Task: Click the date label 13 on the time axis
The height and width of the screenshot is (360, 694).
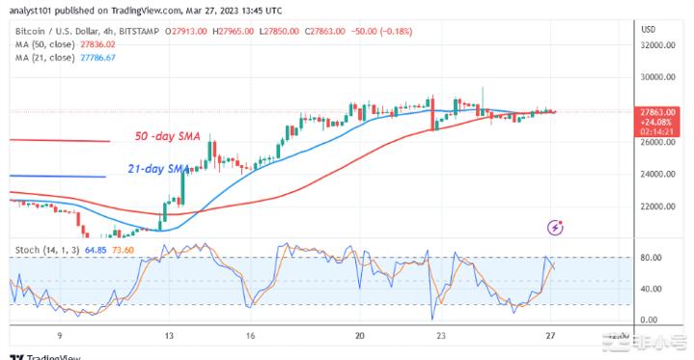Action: (169, 337)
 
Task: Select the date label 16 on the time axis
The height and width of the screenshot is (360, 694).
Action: (249, 337)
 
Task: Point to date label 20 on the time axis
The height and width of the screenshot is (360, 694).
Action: (359, 337)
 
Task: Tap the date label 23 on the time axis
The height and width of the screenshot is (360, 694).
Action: (440, 337)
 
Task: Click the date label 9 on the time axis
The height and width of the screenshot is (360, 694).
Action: (60, 337)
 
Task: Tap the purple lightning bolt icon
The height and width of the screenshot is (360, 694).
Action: (555, 228)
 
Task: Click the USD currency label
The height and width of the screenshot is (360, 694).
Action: (648, 29)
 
